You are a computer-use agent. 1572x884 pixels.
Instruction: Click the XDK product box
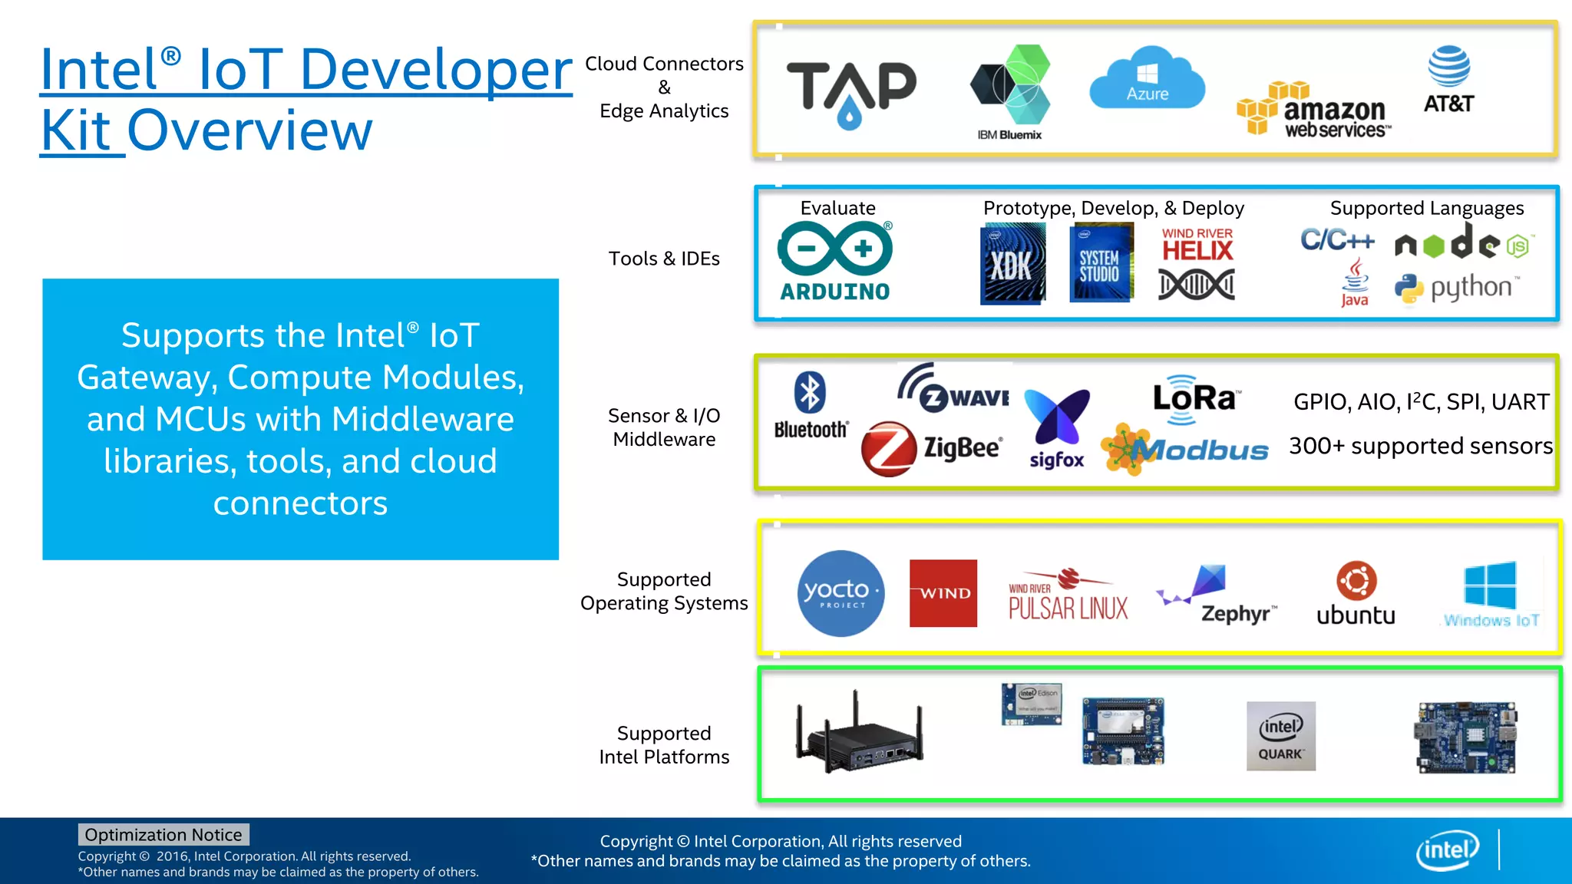[1012, 263]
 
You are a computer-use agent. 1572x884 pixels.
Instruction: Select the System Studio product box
[1101, 263]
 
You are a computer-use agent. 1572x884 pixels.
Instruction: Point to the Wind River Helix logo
[1197, 263]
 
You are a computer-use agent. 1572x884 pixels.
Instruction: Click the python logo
[1456, 289]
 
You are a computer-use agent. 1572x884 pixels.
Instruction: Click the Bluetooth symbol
[810, 393]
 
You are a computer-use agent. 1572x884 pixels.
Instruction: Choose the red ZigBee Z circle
[888, 448]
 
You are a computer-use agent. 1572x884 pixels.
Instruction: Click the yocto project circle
[840, 593]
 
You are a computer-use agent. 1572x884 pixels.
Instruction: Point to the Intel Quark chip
[1280, 735]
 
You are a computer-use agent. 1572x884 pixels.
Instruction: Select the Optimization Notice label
[163, 834]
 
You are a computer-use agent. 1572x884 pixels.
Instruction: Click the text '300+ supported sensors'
[1420, 446]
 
